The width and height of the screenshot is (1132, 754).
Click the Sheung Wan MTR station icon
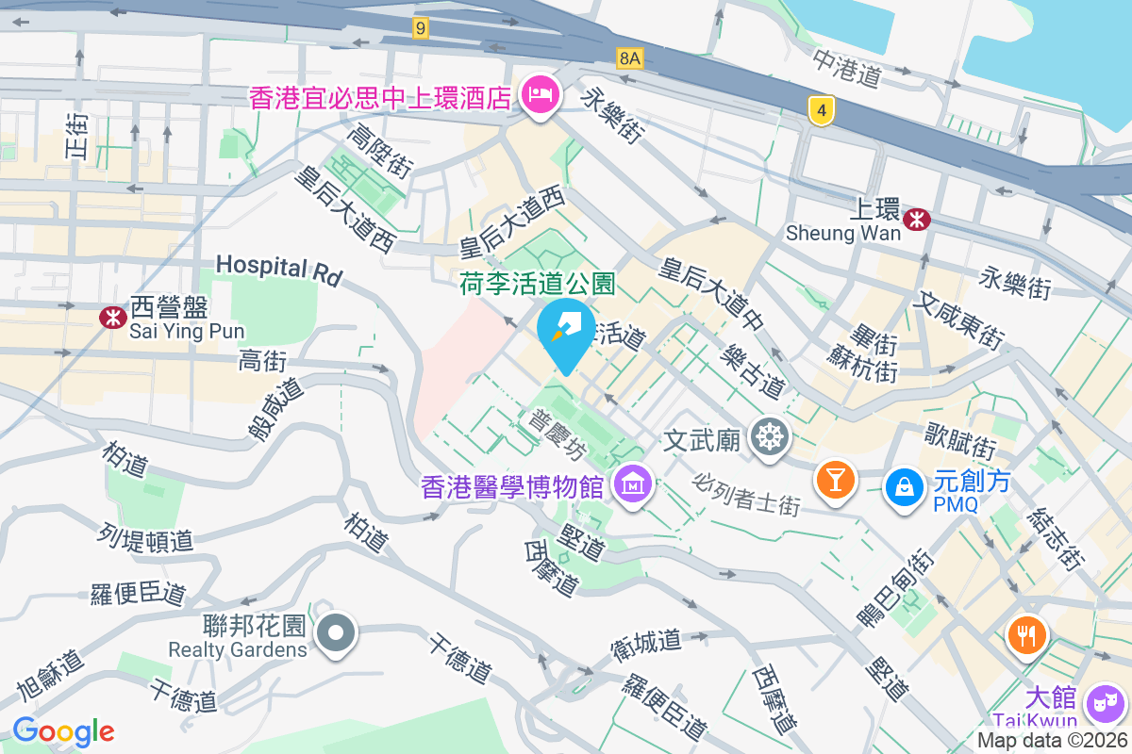[x=916, y=220]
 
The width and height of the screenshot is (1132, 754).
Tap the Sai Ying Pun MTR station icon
[x=113, y=318]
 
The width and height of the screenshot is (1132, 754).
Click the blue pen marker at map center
[x=565, y=331]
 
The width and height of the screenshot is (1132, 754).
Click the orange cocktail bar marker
[x=835, y=478]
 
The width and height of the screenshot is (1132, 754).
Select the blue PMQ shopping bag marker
[x=905, y=486]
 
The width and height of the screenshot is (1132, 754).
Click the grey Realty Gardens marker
[x=337, y=631]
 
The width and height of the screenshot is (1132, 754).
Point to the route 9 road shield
[x=421, y=29]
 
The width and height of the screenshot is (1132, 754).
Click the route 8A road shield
[x=630, y=58]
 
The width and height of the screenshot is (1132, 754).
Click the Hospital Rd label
[x=278, y=269]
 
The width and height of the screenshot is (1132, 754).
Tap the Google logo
[x=63, y=731]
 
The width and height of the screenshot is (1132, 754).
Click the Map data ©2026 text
[x=1052, y=741]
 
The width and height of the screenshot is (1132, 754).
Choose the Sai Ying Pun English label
[x=187, y=331]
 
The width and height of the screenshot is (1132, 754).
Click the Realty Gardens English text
[x=238, y=649]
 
